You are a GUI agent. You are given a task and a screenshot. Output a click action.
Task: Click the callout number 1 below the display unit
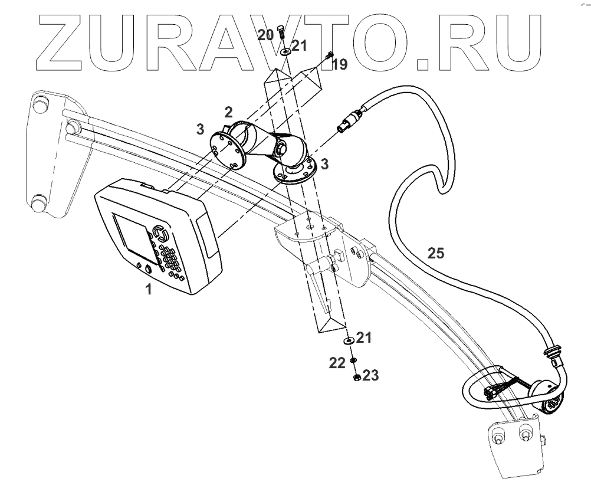(x=149, y=290)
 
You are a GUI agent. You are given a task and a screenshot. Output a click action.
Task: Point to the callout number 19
(x=340, y=64)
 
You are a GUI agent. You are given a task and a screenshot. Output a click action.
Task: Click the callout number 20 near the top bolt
(x=265, y=35)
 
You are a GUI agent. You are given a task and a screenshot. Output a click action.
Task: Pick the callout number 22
(x=337, y=363)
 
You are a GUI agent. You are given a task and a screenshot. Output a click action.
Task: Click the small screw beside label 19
(x=329, y=55)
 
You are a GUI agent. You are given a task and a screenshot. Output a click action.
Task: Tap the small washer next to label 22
(x=352, y=360)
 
